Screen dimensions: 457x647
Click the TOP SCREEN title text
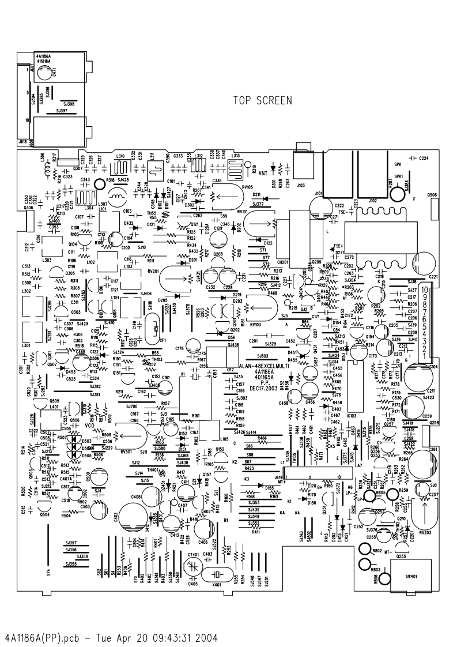(262, 101)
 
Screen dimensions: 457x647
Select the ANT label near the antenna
(263, 172)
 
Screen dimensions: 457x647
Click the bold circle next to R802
(365, 550)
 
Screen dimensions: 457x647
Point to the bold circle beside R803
(365, 563)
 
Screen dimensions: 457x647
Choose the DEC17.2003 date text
(263, 388)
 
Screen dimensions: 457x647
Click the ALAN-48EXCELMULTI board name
(263, 366)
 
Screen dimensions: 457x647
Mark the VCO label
(89, 426)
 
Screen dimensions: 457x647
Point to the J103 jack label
(300, 186)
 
